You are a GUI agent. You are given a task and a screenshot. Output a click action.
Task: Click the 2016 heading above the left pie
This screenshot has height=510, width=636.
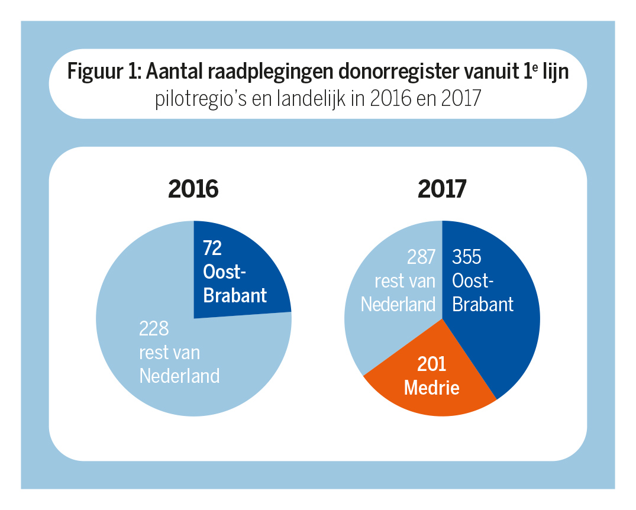193,189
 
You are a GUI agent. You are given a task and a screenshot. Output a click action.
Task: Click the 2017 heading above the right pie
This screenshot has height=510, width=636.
442,189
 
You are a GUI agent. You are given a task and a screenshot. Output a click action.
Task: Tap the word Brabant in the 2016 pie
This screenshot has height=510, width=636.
235,295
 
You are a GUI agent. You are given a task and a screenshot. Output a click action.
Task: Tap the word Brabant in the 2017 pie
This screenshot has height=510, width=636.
483,304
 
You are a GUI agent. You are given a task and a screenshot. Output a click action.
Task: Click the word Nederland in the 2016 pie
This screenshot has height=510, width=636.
179,376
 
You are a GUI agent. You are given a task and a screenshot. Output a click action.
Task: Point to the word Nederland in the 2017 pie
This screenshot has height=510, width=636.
398,304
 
